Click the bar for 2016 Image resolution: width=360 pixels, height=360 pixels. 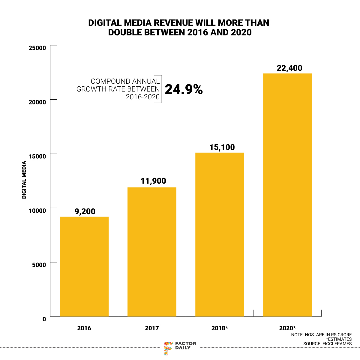pyautogui.click(x=84, y=266)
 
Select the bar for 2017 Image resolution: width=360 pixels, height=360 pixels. pyautogui.click(x=152, y=252)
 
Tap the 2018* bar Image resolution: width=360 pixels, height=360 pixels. pyautogui.click(x=220, y=235)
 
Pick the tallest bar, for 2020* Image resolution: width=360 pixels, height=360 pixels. pyautogui.click(x=287, y=195)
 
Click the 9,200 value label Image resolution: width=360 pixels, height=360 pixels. pyautogui.click(x=85, y=211)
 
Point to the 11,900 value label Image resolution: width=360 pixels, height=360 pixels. pyautogui.click(x=153, y=181)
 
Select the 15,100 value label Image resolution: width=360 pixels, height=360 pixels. pyautogui.click(x=222, y=147)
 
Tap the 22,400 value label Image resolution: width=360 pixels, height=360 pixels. pyautogui.click(x=289, y=68)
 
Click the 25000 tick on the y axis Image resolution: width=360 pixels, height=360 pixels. pyautogui.click(x=37, y=48)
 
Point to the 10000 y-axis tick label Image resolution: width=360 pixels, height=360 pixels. pyautogui.click(x=37, y=211)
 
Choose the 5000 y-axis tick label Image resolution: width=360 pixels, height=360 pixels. pyautogui.click(x=39, y=265)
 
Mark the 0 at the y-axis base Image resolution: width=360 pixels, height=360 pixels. pyautogui.click(x=44, y=319)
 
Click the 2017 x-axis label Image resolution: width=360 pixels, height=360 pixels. pyautogui.click(x=152, y=328)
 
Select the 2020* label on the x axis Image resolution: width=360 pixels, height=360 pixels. pyautogui.click(x=287, y=328)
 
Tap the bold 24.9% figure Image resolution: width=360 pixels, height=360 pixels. pyautogui.click(x=184, y=89)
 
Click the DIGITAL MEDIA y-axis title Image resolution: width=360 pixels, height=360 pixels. pyautogui.click(x=24, y=180)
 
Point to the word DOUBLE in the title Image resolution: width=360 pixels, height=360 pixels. pyautogui.click(x=125, y=32)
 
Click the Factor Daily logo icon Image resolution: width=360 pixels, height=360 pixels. pyautogui.click(x=168, y=348)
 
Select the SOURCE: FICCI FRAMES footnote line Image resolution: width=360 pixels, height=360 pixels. pyautogui.click(x=327, y=343)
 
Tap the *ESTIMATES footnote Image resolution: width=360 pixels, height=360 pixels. pyautogui.click(x=338, y=339)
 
